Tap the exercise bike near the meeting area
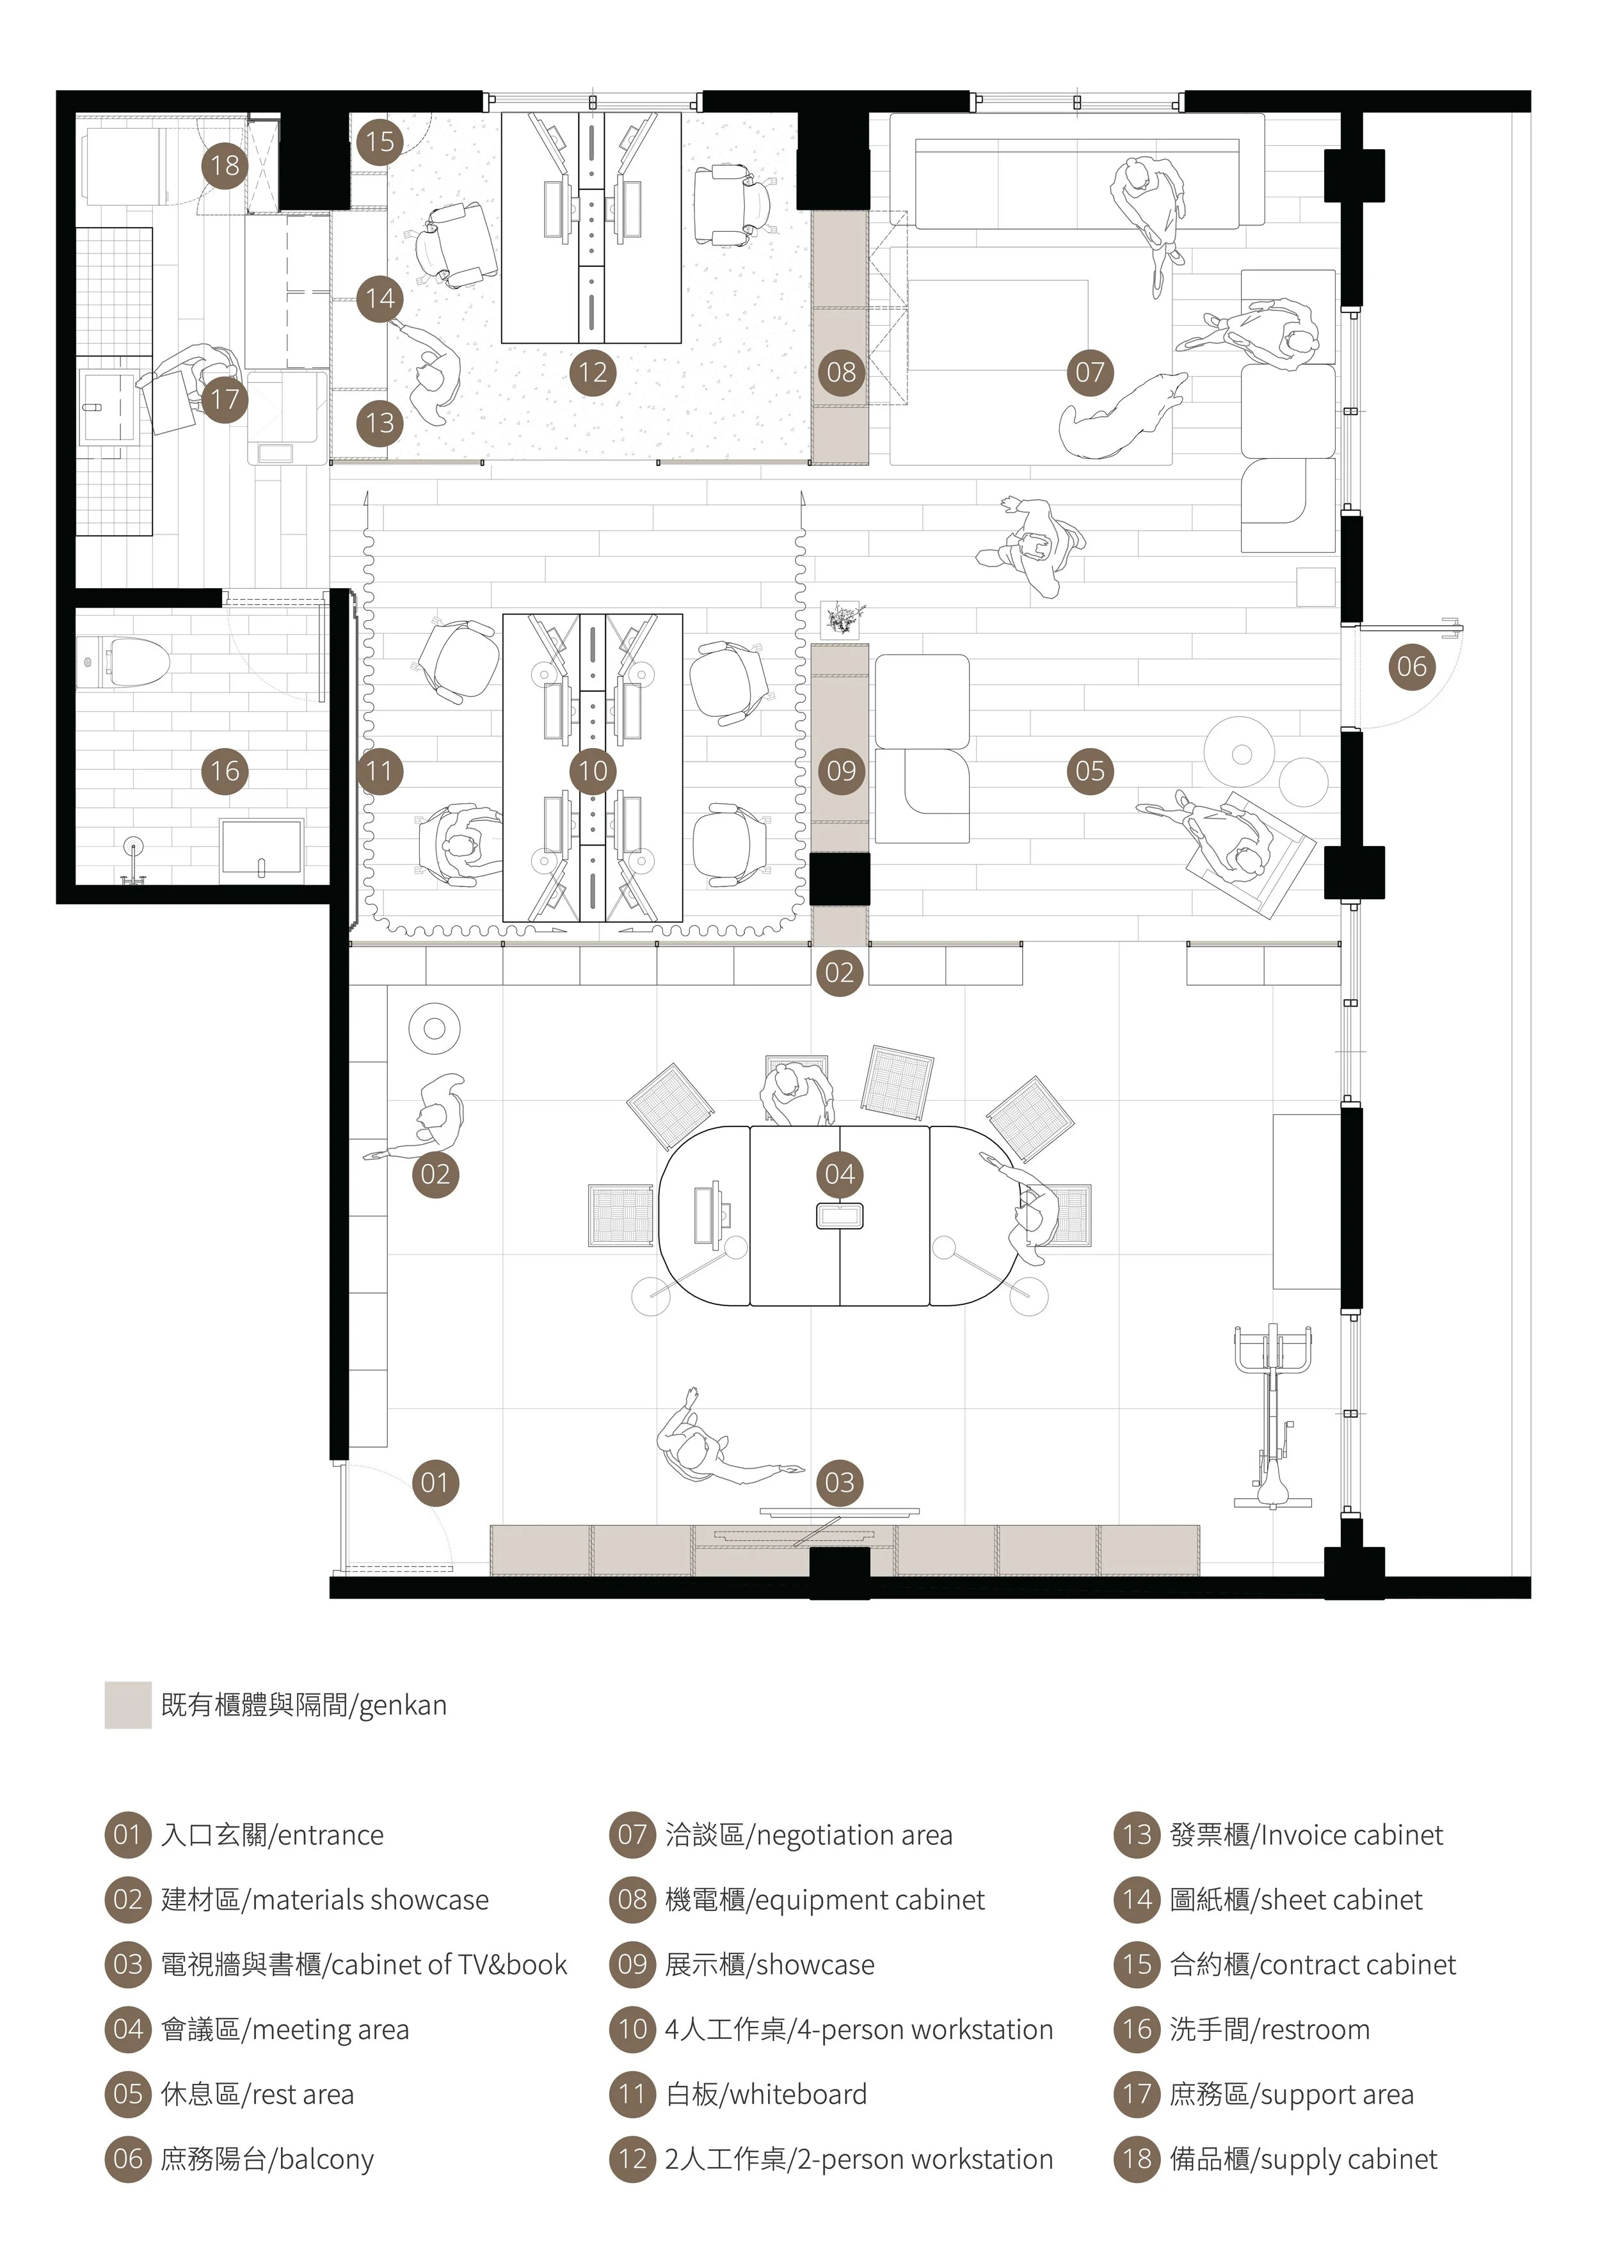1273,1416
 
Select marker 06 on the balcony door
1412,666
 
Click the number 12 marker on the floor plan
593,372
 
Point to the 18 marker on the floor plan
225,164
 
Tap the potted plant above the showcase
843,619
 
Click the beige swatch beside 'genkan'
128,1705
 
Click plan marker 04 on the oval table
840,1174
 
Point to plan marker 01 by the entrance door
435,1482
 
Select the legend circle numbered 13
1138,1835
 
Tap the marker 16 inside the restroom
225,771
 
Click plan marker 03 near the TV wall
840,1482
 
